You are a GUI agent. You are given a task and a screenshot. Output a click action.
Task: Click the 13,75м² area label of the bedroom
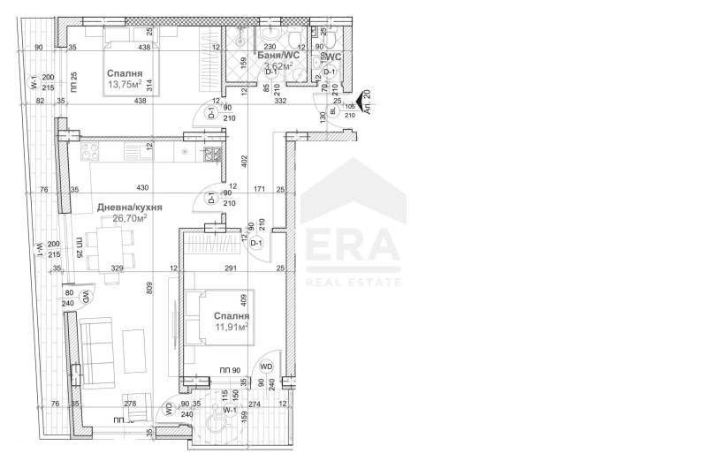pyautogui.click(x=127, y=86)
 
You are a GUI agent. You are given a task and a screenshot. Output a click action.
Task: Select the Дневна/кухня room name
pyautogui.click(x=129, y=208)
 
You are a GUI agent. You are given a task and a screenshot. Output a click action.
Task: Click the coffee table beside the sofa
pyautogui.click(x=133, y=345)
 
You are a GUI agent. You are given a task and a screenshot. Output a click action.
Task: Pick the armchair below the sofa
pyautogui.click(x=135, y=404)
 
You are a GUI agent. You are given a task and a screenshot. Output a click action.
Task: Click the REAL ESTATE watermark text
pyautogui.click(x=352, y=282)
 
